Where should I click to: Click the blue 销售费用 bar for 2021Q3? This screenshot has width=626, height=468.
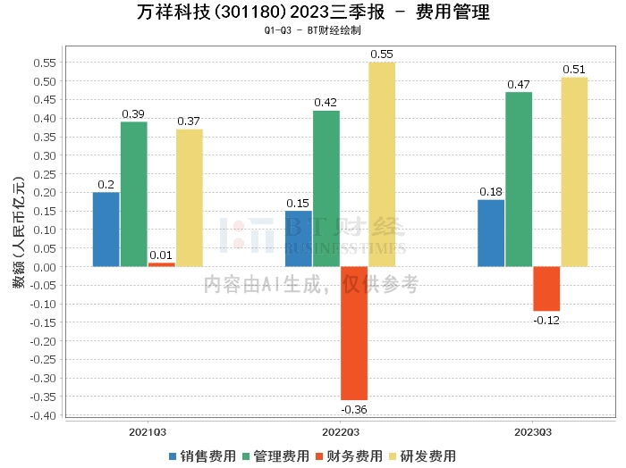click(106, 230)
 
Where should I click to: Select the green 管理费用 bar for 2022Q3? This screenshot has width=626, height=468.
click(326, 188)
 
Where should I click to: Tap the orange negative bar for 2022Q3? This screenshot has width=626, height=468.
click(354, 332)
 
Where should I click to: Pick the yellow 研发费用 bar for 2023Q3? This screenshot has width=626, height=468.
click(574, 172)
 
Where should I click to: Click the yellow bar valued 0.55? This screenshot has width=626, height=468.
click(382, 164)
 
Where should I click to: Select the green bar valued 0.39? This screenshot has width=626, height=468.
click(134, 194)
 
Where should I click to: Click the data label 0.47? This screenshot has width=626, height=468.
click(519, 85)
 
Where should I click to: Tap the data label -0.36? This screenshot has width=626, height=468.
click(354, 409)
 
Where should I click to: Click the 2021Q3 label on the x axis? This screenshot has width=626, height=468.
click(148, 431)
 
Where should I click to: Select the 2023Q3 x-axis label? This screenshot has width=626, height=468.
click(533, 431)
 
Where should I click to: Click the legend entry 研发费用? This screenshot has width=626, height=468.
click(423, 455)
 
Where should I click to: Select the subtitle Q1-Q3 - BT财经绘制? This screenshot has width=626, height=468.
click(313, 30)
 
